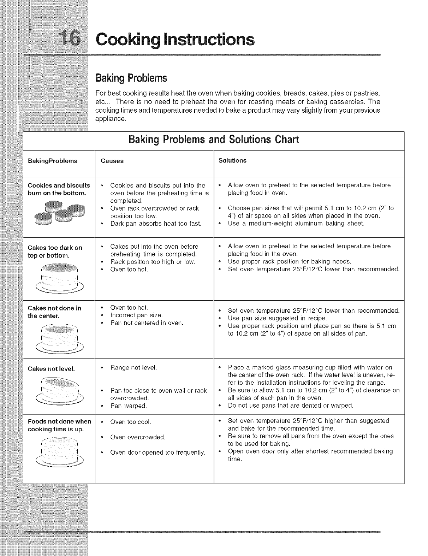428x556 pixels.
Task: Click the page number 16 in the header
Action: tap(70, 39)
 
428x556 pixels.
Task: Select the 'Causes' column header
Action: tap(112, 161)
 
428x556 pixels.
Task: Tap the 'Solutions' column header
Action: tap(232, 161)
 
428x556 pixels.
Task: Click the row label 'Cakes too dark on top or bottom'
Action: tap(55, 251)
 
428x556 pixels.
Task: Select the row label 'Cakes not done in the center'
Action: tap(54, 312)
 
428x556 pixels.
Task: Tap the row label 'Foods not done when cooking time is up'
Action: tap(59, 425)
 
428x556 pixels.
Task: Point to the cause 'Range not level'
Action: tap(133, 368)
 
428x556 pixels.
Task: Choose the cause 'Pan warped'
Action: tap(129, 406)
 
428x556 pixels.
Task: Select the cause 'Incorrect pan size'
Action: tap(136, 315)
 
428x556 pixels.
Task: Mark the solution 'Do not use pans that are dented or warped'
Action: tap(290, 405)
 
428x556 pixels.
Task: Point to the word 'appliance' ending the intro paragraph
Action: tap(111, 119)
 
